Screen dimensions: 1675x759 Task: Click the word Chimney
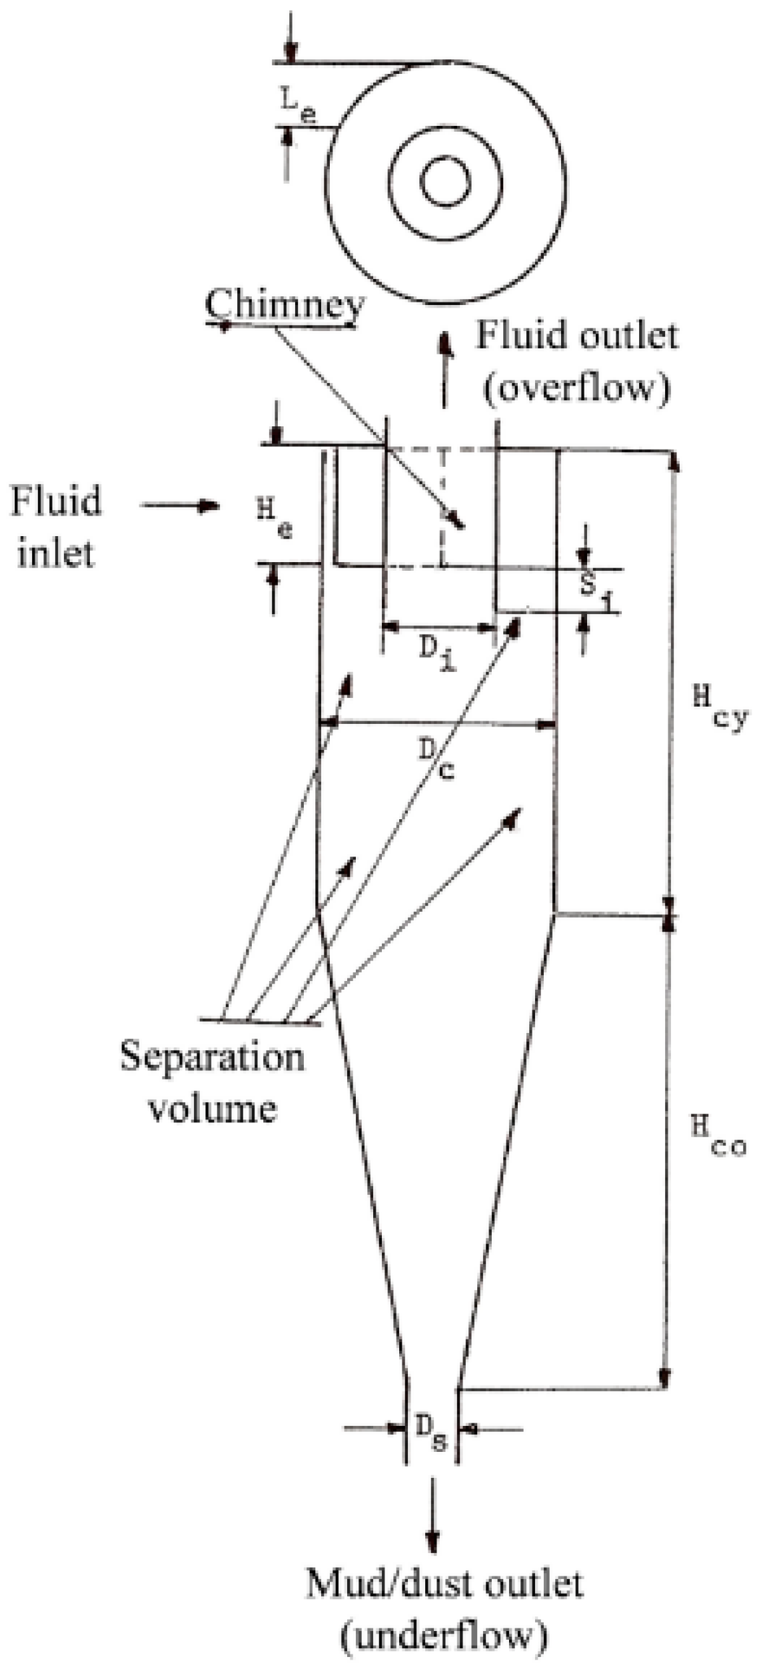[285, 306]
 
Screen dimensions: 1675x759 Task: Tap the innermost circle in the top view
[445, 182]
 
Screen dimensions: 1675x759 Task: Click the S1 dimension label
[594, 588]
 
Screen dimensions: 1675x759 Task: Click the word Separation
[212, 1057]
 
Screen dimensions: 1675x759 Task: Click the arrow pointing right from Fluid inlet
[180, 506]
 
